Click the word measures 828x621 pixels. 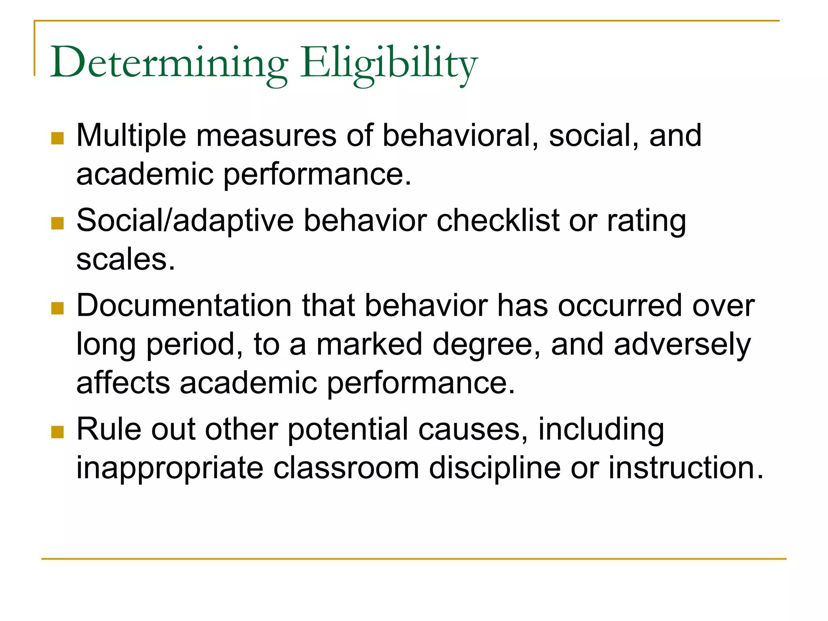pyautogui.click(x=266, y=136)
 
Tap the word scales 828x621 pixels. pyautogui.click(x=126, y=260)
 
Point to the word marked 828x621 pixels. pyautogui.click(x=369, y=344)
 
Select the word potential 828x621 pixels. pyautogui.click(x=348, y=430)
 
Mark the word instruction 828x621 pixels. pyautogui.click(x=686, y=468)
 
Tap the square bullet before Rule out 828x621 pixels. pyautogui.click(x=58, y=432)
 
